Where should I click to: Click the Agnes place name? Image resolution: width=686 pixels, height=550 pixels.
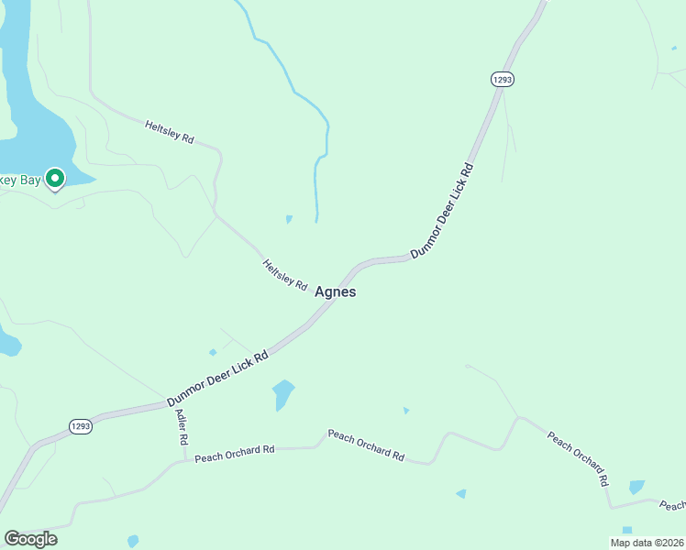(x=335, y=292)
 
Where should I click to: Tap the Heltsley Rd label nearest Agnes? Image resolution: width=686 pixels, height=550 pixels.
(x=285, y=275)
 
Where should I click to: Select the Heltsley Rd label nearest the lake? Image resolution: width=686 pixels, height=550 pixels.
(x=170, y=131)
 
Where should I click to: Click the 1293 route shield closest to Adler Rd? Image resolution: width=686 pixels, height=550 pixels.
(x=81, y=427)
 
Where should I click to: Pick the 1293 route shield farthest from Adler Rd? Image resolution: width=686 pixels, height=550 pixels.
(x=502, y=80)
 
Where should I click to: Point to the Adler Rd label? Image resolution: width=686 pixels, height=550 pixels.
(x=181, y=427)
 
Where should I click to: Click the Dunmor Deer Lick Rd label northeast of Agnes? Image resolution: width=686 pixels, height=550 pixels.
(x=442, y=211)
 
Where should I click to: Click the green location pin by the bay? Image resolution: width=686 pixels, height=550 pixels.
(x=55, y=178)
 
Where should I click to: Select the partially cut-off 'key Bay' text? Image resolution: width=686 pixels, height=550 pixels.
(x=20, y=181)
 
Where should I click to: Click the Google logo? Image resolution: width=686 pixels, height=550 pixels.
(x=30, y=539)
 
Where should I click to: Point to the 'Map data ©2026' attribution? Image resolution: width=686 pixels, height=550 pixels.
(x=646, y=543)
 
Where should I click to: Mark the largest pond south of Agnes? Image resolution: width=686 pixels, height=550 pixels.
(x=283, y=395)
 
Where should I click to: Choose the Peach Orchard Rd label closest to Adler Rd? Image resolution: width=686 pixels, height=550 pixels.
(x=235, y=453)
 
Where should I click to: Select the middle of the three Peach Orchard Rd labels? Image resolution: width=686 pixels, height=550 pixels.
(x=366, y=444)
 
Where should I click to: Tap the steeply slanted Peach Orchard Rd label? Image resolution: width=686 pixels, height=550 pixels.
(x=579, y=457)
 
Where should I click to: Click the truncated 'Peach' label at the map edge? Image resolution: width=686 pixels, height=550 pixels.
(x=672, y=505)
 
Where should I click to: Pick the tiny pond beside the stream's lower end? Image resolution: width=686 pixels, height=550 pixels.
(x=289, y=219)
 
